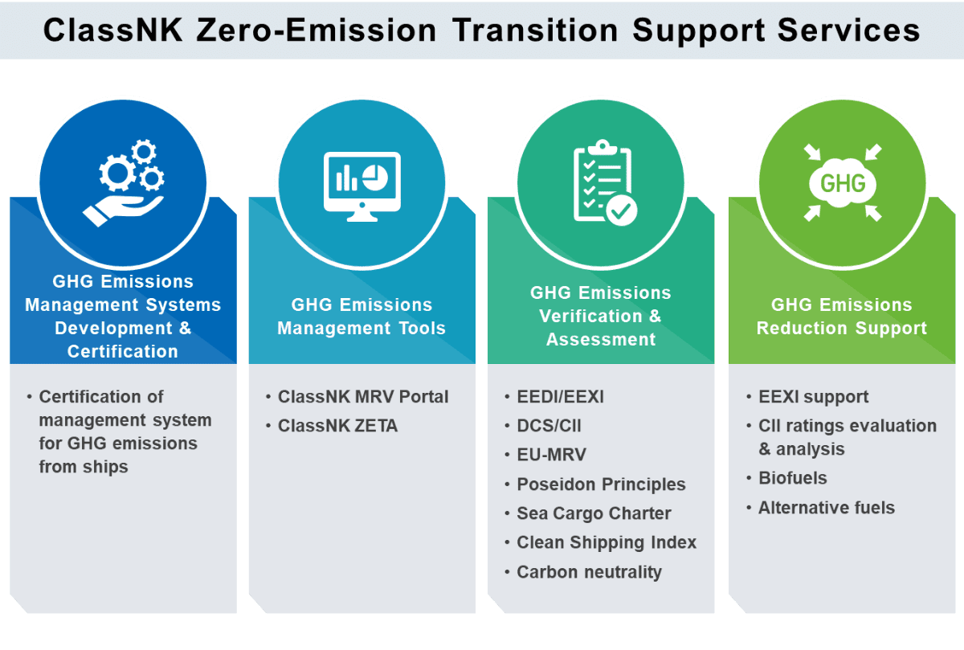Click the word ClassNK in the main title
pos(112,31)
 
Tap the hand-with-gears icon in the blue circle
pos(124,182)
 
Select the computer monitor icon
pos(362,186)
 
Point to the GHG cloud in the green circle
pos(843,183)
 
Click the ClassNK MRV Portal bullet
pos(363,396)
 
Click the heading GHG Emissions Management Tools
pos(361,317)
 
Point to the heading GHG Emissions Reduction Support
pos(842,317)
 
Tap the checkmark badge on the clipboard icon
pos(622,210)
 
